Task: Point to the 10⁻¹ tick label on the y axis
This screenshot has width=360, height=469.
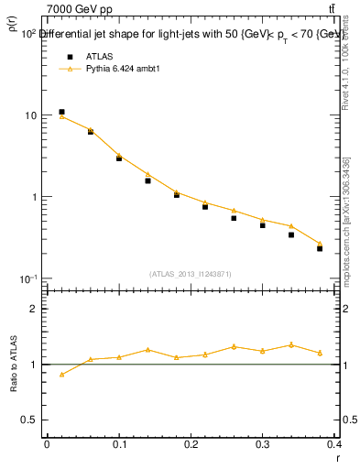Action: (x=29, y=278)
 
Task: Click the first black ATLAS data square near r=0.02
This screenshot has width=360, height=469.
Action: (x=61, y=112)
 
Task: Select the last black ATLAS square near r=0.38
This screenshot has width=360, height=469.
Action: (x=320, y=248)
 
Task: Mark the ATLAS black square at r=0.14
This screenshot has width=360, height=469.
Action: (x=147, y=180)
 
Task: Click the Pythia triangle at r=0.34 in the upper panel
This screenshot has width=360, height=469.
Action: (x=291, y=225)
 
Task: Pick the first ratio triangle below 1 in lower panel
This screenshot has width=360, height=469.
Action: (x=61, y=374)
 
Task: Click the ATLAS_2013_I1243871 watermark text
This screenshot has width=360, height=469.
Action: (x=190, y=274)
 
